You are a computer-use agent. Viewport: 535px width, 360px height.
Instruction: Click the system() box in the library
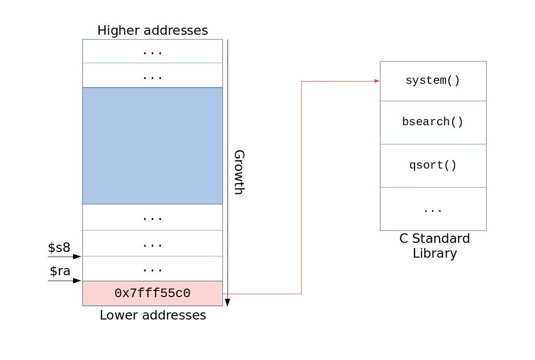tap(433, 81)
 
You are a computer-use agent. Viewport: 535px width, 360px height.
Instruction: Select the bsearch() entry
tap(433, 122)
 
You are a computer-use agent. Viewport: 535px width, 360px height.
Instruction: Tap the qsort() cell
tap(433, 166)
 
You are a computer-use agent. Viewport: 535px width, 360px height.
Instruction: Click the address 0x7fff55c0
tap(152, 293)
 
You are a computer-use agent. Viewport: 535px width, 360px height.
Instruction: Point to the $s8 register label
tap(59, 248)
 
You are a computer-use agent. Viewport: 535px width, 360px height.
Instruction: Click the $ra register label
tap(60, 271)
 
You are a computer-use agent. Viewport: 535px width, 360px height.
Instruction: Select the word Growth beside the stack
tap(239, 172)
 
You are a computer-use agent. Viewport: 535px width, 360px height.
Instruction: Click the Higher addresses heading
tap(152, 30)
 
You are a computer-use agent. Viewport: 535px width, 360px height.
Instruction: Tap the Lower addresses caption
tap(153, 315)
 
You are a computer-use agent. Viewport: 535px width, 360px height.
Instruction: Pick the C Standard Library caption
tap(434, 246)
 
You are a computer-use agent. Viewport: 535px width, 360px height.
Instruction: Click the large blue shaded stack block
tap(152, 146)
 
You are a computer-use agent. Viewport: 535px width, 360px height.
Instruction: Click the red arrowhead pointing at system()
tap(376, 81)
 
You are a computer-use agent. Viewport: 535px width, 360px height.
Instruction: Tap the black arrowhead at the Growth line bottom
tap(227, 302)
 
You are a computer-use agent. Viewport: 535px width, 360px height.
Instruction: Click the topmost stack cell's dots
tap(152, 51)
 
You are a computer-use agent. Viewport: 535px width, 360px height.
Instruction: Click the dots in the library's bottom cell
tap(433, 210)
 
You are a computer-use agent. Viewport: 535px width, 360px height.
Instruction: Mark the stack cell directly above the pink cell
tap(152, 269)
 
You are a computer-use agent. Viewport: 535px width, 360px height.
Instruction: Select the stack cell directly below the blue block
tap(152, 218)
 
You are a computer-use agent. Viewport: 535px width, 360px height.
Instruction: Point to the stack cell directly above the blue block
tap(152, 76)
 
